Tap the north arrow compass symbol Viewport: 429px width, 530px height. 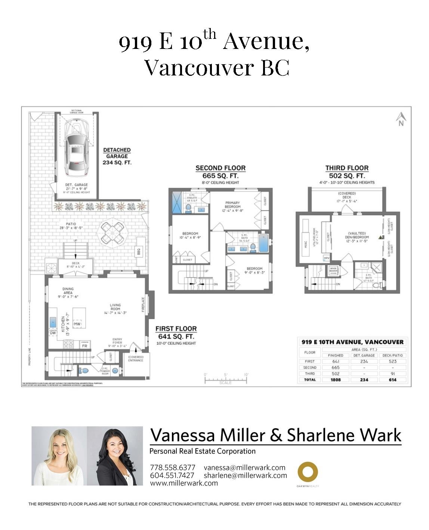click(x=401, y=119)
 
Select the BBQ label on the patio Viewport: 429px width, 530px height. click(x=141, y=251)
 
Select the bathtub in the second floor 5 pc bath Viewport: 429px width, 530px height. click(x=263, y=243)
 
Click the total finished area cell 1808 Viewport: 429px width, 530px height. click(x=335, y=379)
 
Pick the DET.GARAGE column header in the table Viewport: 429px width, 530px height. click(x=364, y=355)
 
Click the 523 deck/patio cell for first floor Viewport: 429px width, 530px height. click(x=392, y=361)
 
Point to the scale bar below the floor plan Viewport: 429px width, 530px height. click(x=225, y=380)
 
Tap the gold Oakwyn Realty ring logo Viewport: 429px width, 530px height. click(x=308, y=472)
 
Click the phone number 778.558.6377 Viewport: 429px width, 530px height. click(x=172, y=468)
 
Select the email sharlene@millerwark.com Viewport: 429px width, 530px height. click(x=245, y=475)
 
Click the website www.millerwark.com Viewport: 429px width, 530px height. click(x=183, y=483)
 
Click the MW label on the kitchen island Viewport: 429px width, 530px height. click(x=77, y=324)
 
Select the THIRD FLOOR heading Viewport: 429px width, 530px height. click(x=346, y=168)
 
